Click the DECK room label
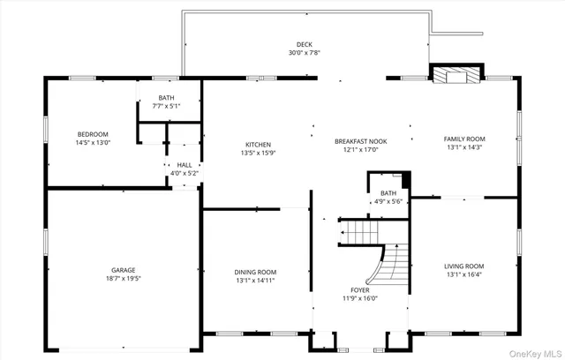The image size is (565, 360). pos(305,44)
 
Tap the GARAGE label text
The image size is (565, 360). pos(124,270)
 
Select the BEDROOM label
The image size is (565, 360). pos(92,134)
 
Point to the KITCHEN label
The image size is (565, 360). pos(258,145)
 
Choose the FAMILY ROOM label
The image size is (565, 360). pos(463,139)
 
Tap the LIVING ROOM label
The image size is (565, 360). pos(463,266)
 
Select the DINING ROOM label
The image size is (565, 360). pos(255,272)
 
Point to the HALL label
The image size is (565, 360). pos(185,165)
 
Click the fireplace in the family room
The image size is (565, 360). pos(455,76)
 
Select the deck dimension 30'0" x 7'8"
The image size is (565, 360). pos(305,53)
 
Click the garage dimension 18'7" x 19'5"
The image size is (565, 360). pos(124,279)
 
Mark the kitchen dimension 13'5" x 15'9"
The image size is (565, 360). pos(258,154)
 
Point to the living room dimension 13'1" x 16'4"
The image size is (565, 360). pos(463,274)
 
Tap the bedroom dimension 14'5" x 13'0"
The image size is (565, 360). pos(92,143)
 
